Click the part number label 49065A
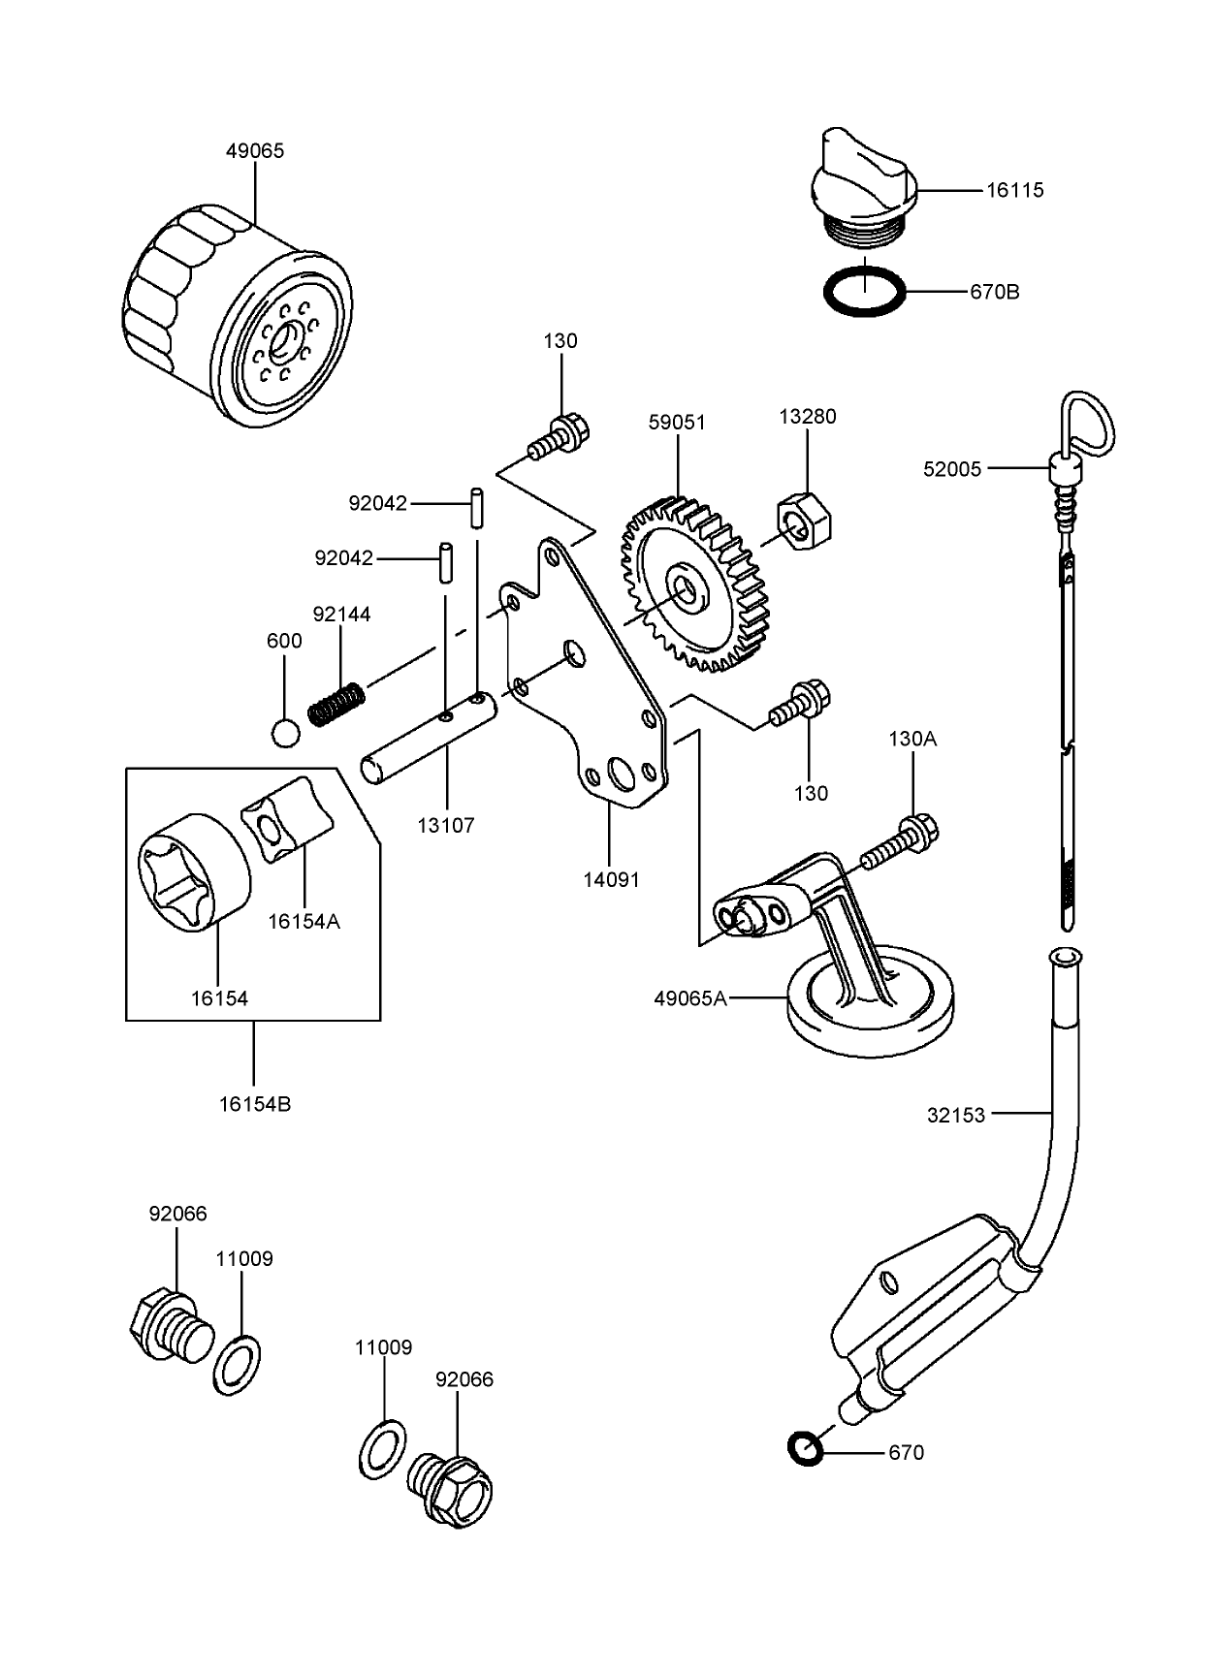689,997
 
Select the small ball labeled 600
284,733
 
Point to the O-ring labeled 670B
864,291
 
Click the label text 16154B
254,1104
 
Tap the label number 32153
955,1115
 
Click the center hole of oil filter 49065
287,340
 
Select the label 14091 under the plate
610,880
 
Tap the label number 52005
952,469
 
